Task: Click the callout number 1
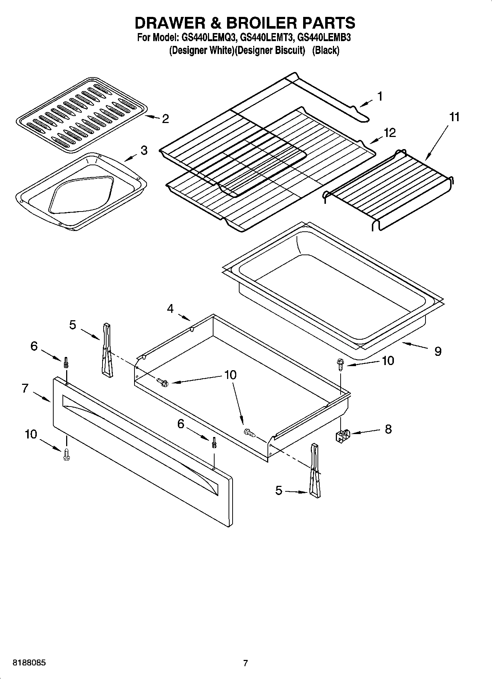click(380, 96)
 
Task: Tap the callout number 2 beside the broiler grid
click(165, 119)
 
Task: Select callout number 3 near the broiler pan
click(144, 150)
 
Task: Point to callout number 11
click(454, 117)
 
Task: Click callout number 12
click(390, 133)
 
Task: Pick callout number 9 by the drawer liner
click(438, 351)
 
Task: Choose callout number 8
click(388, 429)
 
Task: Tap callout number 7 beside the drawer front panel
click(25, 388)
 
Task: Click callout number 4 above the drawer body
click(170, 309)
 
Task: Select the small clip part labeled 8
click(343, 436)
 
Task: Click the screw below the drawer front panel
click(67, 454)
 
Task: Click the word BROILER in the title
click(267, 23)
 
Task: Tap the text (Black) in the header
click(326, 50)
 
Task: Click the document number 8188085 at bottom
click(29, 663)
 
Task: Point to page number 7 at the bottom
click(245, 663)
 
